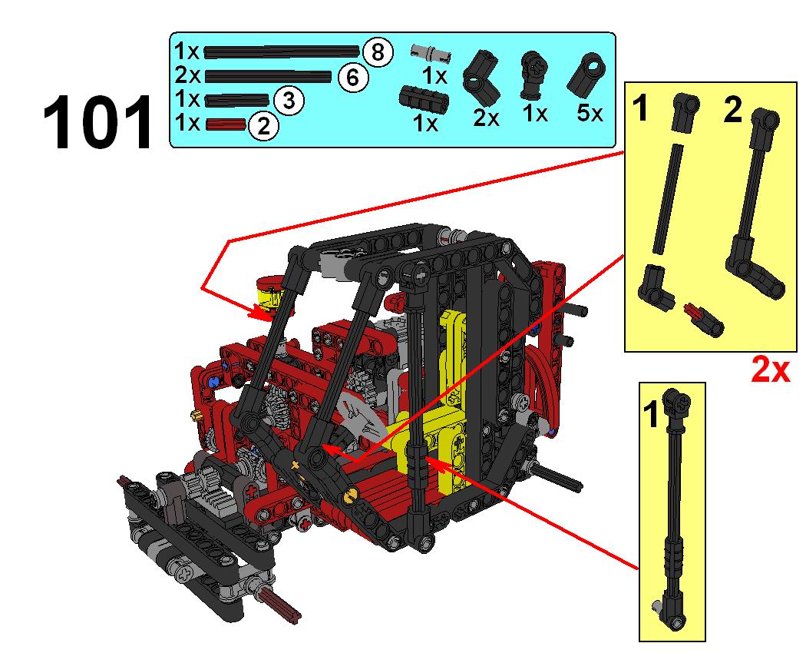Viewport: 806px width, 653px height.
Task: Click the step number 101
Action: click(97, 122)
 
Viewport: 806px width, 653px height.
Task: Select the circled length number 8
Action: click(378, 52)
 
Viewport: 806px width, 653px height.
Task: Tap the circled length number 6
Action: click(352, 77)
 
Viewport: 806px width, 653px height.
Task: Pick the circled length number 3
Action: click(289, 101)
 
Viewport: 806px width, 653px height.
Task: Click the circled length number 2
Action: click(264, 125)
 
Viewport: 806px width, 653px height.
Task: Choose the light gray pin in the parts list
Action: click(431, 51)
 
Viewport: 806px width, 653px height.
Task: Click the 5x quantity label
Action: click(590, 113)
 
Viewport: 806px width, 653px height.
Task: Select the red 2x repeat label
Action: click(770, 370)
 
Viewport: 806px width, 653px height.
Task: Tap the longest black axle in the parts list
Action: click(282, 51)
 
